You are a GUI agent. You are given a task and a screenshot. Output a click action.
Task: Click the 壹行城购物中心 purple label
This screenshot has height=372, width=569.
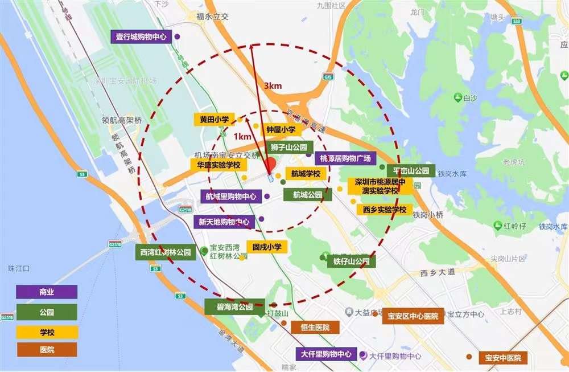(141, 36)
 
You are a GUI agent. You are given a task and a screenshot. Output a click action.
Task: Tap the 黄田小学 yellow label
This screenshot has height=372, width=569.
(214, 120)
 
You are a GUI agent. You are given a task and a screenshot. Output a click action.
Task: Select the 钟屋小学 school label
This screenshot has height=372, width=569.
(281, 130)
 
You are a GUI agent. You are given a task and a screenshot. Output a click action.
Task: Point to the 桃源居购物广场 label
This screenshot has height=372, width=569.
(345, 158)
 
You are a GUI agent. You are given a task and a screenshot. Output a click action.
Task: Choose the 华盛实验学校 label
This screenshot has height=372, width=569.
(219, 165)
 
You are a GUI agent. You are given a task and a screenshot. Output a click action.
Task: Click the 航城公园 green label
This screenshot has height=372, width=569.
(307, 194)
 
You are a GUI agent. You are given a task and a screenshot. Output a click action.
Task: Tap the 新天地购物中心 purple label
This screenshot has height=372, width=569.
(224, 222)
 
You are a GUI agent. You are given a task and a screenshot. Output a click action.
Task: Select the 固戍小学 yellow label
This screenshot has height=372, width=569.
(267, 247)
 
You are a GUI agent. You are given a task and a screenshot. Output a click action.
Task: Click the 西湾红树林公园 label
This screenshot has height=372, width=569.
(166, 252)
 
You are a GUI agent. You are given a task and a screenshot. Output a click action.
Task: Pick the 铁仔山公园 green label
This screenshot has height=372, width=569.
(352, 261)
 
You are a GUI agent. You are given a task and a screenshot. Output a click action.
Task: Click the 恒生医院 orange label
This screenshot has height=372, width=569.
(307, 328)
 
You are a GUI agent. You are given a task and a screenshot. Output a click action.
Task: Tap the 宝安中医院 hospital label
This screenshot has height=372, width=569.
(502, 358)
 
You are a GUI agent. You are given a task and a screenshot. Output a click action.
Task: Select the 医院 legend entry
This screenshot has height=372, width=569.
(47, 349)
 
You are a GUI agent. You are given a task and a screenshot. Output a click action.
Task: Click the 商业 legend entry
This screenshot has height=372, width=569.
(47, 292)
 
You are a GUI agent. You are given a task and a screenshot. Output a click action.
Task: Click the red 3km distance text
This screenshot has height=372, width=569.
(273, 86)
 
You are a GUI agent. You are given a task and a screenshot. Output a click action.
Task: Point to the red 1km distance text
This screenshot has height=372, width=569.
(242, 137)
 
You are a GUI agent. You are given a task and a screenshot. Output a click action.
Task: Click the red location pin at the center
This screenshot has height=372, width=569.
(271, 164)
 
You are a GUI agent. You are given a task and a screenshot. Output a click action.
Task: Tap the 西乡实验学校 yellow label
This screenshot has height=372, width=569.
(385, 210)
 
